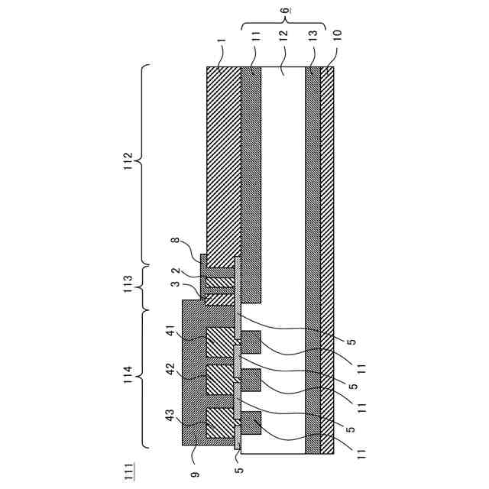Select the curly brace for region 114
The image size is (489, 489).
[x=145, y=378]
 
